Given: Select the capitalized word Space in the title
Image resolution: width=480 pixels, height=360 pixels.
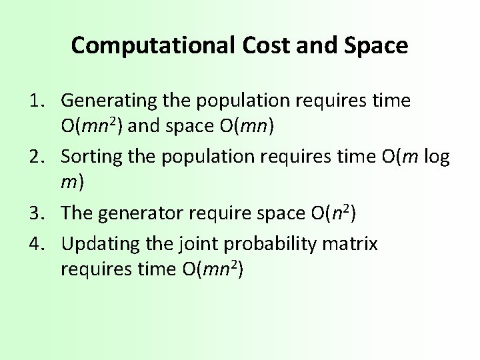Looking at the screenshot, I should [376, 45].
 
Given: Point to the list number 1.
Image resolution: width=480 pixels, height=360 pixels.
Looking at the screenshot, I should [35, 101].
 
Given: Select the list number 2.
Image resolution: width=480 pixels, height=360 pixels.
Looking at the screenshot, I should [35, 157].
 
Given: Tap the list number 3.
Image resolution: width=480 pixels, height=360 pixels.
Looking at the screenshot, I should [35, 213].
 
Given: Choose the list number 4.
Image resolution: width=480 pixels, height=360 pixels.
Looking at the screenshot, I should [35, 245].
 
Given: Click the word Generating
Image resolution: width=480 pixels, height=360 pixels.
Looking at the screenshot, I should [108, 101].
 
